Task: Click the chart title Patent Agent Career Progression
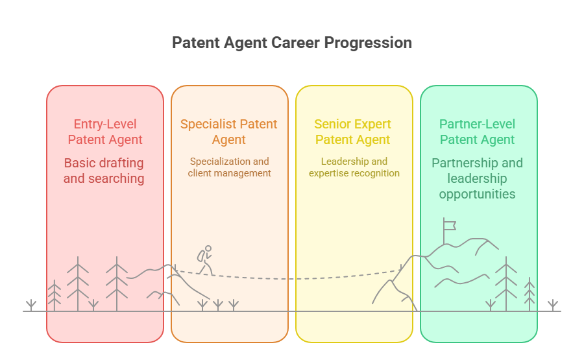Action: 292,43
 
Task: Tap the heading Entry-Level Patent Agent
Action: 105,132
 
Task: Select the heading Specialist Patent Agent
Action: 229,132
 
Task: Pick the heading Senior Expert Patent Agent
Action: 353,132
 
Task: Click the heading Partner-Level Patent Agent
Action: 478,132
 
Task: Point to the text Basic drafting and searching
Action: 104,171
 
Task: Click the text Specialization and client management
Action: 229,167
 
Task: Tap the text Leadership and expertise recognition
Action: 354,167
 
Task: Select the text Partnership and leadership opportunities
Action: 477,178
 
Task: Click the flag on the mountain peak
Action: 449,224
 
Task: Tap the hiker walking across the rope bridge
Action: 205,259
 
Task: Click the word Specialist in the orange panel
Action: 208,124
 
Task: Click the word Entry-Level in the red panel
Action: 105,124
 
